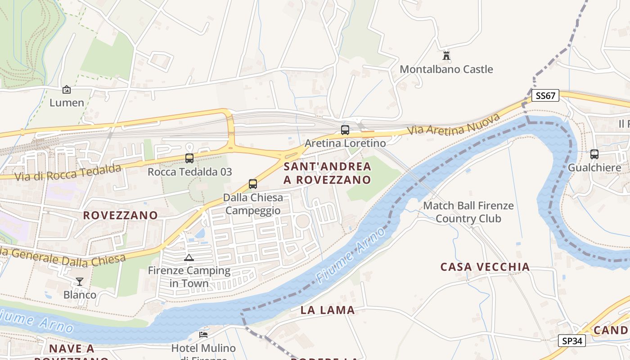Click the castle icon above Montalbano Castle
coord(446,56)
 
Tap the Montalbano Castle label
coord(446,69)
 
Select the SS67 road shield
coord(545,96)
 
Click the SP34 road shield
coord(572,341)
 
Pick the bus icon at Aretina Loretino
coord(345,130)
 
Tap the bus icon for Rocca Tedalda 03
coord(189,158)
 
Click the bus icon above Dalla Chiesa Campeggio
coord(253,184)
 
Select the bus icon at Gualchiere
coord(594,154)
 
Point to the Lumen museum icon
coord(67,90)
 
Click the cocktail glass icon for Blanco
coord(80,282)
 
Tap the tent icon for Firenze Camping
coord(189,258)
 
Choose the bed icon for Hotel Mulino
coord(203,335)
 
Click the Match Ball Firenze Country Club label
coord(468,212)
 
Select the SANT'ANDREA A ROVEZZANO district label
coord(328,173)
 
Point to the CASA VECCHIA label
coord(485,267)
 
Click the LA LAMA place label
coord(328,310)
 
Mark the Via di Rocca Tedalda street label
coord(68,172)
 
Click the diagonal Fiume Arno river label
coord(351,256)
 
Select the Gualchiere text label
coord(594,168)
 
